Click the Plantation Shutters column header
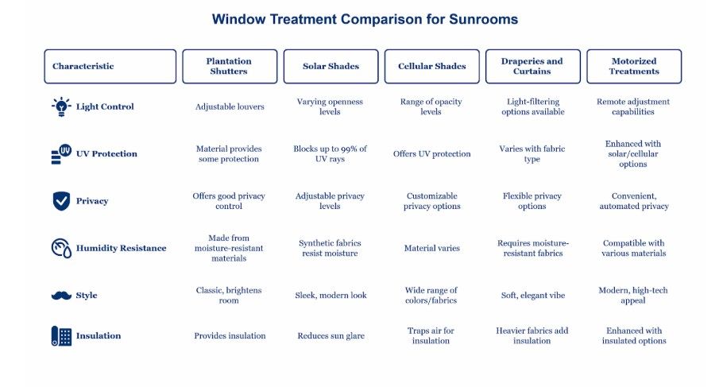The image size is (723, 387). tap(230, 67)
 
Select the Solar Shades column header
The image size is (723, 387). tap(331, 67)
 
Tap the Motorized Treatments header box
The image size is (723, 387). tap(634, 67)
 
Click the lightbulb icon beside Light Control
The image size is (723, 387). tap(61, 106)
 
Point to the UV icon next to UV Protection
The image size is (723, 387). tap(61, 154)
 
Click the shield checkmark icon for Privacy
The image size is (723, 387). tap(61, 201)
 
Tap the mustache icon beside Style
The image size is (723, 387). tap(61, 295)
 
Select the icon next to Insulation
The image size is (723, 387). tap(61, 336)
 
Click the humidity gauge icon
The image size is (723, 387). tap(61, 248)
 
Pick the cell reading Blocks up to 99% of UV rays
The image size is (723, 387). tap(331, 154)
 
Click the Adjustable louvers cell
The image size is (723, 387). tap(230, 106)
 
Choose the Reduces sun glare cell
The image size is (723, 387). tap(331, 336)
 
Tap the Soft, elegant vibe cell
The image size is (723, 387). tap(533, 295)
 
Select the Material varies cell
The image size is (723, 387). tap(432, 248)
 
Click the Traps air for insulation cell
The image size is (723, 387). tap(431, 336)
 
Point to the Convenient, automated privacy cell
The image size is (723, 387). tap(634, 201)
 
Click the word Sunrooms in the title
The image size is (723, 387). tap(483, 19)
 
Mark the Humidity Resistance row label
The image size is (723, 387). tap(121, 248)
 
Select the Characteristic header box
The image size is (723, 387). tap(110, 67)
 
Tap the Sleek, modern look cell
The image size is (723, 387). tap(331, 295)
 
